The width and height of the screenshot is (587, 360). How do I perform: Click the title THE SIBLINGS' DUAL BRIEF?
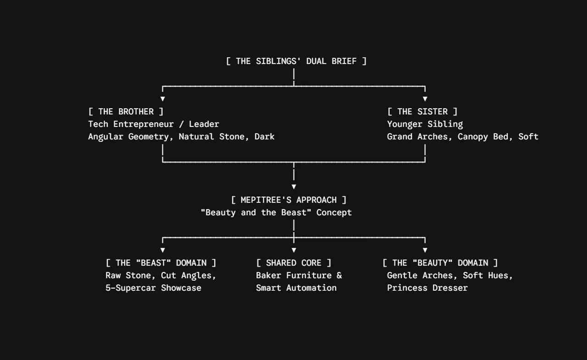pos(296,61)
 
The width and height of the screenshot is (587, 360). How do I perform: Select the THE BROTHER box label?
pos(126,111)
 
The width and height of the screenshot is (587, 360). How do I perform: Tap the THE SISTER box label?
pos(422,111)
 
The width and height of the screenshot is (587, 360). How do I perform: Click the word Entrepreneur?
pos(144,124)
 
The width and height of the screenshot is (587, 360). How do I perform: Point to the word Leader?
pos(204,124)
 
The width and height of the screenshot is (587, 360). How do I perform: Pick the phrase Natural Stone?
pos(211,137)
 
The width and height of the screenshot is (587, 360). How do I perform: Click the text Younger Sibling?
pos(425,124)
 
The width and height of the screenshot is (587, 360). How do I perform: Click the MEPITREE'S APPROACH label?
pos(288,200)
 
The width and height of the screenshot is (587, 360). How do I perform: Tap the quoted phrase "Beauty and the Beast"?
pos(256,212)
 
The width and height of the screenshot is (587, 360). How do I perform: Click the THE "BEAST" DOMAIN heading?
pos(161,263)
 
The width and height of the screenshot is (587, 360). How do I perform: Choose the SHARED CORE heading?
pos(293,263)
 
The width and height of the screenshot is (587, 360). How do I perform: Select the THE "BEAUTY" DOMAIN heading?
pos(440,263)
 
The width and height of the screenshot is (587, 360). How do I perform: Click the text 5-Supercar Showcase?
pos(153,288)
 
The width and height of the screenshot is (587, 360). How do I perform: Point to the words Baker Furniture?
pos(293,275)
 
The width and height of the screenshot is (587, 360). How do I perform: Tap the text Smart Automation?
pos(296,288)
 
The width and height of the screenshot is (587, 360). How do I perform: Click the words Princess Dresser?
pos(427,288)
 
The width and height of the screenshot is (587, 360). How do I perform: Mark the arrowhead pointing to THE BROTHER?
pos(163,99)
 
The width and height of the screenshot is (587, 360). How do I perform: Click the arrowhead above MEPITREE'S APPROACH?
pos(294,187)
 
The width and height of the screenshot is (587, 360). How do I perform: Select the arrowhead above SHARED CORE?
pos(294,250)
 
